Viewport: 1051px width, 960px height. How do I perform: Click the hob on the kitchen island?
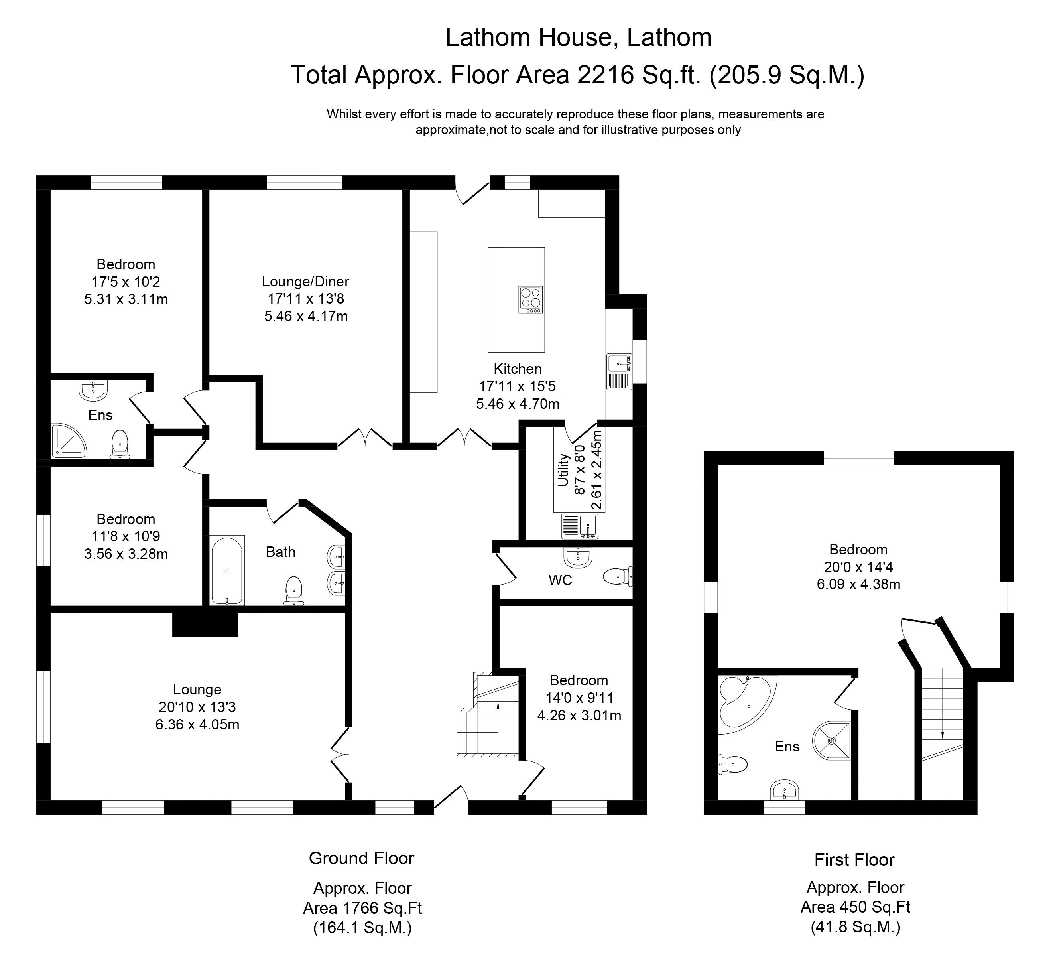[530, 300]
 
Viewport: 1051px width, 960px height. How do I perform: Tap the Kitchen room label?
[518, 369]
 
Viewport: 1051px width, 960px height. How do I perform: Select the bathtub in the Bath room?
[227, 570]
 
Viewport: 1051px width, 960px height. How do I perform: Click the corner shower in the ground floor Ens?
[68, 441]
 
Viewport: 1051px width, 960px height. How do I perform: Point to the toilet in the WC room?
[618, 576]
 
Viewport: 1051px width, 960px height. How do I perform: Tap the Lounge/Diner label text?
[305, 282]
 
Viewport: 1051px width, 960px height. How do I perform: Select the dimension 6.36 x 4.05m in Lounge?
[197, 724]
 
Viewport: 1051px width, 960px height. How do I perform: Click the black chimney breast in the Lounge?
[205, 624]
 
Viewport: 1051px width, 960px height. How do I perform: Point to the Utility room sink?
[580, 526]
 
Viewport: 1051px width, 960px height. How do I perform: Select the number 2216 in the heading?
[605, 75]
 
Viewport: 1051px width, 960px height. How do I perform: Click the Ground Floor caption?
[361, 858]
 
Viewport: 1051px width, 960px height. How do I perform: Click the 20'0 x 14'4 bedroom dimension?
[858, 566]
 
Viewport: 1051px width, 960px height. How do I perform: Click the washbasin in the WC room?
[578, 558]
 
